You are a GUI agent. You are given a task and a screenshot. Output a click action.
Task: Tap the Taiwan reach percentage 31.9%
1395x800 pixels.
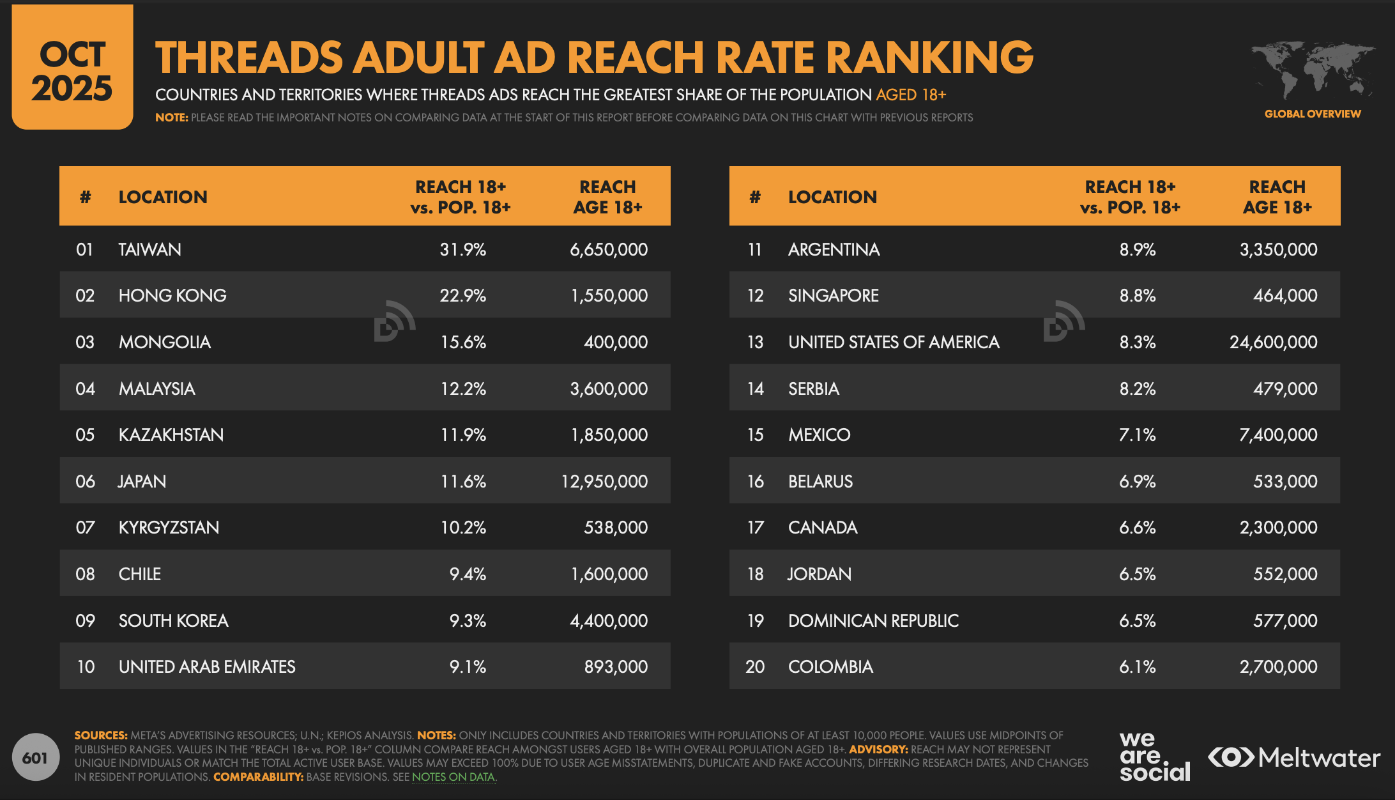[x=462, y=249]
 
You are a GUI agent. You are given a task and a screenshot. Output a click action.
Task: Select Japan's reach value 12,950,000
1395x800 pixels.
[x=604, y=481]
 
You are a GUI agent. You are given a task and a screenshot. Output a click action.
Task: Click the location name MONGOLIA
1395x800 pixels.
[x=165, y=342]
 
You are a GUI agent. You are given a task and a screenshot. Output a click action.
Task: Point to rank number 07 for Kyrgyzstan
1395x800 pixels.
[x=85, y=527]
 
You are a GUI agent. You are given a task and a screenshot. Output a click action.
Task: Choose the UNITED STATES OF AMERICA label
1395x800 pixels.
[x=894, y=342]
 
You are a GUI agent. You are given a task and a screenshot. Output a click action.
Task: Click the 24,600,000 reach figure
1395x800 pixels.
[x=1273, y=342]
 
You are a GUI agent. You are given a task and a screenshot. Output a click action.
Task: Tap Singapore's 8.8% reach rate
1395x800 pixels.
[x=1137, y=295]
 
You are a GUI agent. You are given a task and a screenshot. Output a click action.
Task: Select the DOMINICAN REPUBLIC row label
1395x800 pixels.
[x=873, y=620]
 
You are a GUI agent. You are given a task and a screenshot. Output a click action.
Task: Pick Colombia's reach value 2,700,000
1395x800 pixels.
[x=1278, y=666]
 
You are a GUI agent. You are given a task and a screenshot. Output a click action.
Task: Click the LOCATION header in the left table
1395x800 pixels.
[x=163, y=197]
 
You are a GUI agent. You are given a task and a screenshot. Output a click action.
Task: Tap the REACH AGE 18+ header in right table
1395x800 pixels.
[x=1277, y=197]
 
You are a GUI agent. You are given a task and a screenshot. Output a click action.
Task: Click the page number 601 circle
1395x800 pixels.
[x=35, y=758]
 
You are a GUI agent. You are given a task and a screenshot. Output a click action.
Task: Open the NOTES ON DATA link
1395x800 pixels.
[x=453, y=777]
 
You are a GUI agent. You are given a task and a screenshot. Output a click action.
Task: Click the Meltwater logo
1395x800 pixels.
[x=1294, y=758]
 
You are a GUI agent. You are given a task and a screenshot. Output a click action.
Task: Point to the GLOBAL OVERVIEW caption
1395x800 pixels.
[x=1313, y=114]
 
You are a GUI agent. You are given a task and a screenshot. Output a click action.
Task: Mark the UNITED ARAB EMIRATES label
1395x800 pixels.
[x=207, y=666]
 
